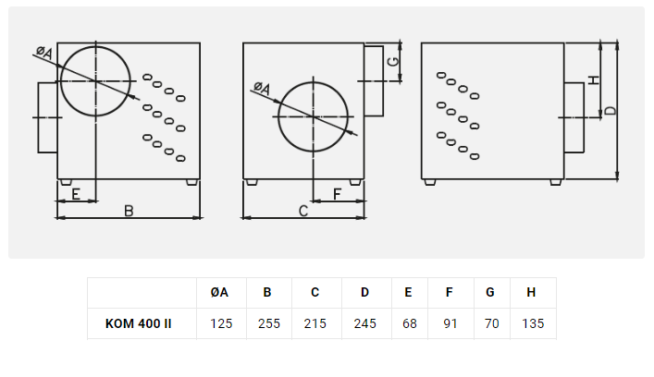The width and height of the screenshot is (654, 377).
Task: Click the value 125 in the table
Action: (x=221, y=323)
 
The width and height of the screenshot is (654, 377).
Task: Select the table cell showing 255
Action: (x=269, y=323)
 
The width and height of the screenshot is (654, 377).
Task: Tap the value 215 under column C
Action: (x=315, y=323)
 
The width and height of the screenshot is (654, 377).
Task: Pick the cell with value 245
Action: (x=365, y=323)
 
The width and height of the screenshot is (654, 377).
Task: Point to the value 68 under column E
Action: (x=410, y=323)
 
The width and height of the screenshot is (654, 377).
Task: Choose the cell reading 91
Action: (x=450, y=323)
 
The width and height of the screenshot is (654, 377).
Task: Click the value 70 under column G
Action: (x=492, y=323)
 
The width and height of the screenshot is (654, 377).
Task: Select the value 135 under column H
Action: (x=533, y=323)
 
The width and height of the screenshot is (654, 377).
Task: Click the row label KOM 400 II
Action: (x=139, y=323)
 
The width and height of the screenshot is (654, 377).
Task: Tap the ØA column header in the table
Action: (x=219, y=292)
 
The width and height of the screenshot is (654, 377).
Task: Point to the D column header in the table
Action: (x=365, y=292)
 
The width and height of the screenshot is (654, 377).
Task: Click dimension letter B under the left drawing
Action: (x=129, y=211)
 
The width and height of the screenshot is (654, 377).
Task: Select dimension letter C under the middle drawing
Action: (x=303, y=211)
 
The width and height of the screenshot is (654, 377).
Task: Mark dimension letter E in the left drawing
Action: (x=76, y=194)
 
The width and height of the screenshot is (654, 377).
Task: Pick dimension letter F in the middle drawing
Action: (x=337, y=194)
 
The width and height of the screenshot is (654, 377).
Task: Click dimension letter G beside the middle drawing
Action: (x=393, y=62)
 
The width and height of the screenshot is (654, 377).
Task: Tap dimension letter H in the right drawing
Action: (x=594, y=80)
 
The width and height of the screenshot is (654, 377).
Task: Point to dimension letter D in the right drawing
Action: (x=611, y=111)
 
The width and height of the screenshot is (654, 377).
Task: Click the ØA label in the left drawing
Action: (x=44, y=53)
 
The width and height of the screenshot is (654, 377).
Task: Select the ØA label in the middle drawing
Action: (x=262, y=88)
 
